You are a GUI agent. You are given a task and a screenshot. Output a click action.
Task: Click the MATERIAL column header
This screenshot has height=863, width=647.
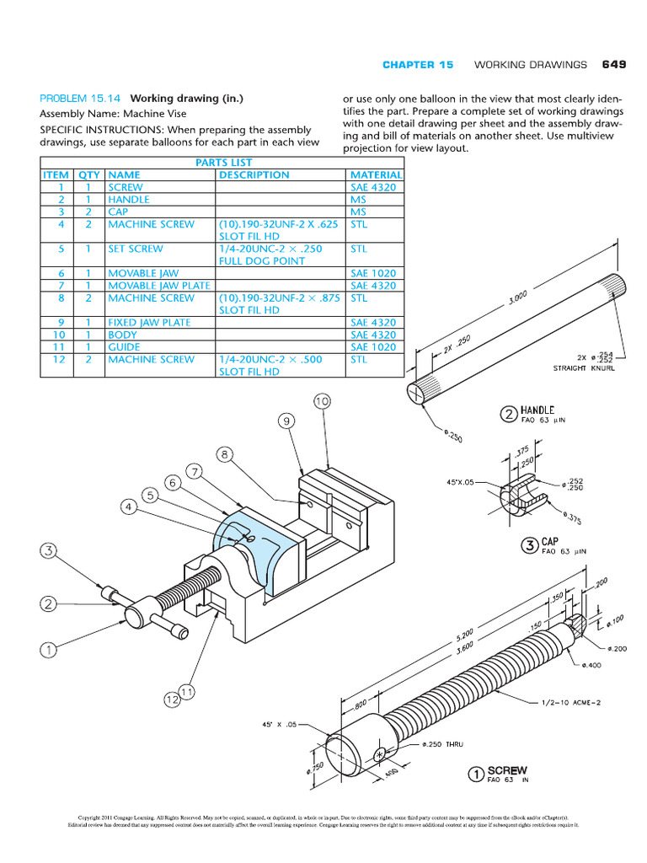pyautogui.click(x=375, y=175)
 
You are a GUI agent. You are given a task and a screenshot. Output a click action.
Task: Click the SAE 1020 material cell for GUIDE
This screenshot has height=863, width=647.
pyautogui.click(x=372, y=347)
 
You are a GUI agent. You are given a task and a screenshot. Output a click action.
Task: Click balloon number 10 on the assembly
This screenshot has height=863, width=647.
pyautogui.click(x=323, y=402)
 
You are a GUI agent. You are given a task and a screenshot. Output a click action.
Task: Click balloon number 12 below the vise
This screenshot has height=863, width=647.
pyautogui.click(x=172, y=700)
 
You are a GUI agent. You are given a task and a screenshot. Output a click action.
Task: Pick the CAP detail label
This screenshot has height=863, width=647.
pyautogui.click(x=549, y=543)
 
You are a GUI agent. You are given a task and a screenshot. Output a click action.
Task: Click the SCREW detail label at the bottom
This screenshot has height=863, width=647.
pyautogui.click(x=507, y=770)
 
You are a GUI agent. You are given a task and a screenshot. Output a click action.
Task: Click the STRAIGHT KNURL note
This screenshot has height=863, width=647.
pyautogui.click(x=583, y=368)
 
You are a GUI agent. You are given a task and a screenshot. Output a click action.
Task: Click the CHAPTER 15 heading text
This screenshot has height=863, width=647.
pyautogui.click(x=418, y=65)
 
